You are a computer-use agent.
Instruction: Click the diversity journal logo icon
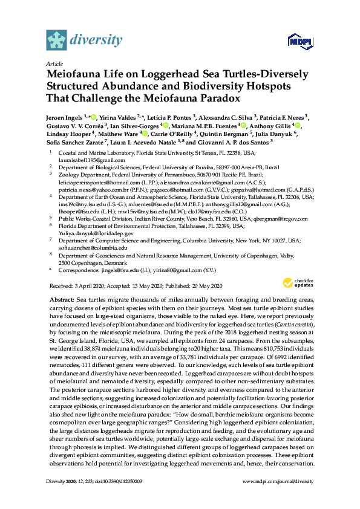[x=57, y=40]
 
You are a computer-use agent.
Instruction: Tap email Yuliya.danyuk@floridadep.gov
[x=96, y=233]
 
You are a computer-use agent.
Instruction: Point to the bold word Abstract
[x=62, y=300]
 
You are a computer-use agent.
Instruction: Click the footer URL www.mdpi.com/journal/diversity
[x=278, y=481]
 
